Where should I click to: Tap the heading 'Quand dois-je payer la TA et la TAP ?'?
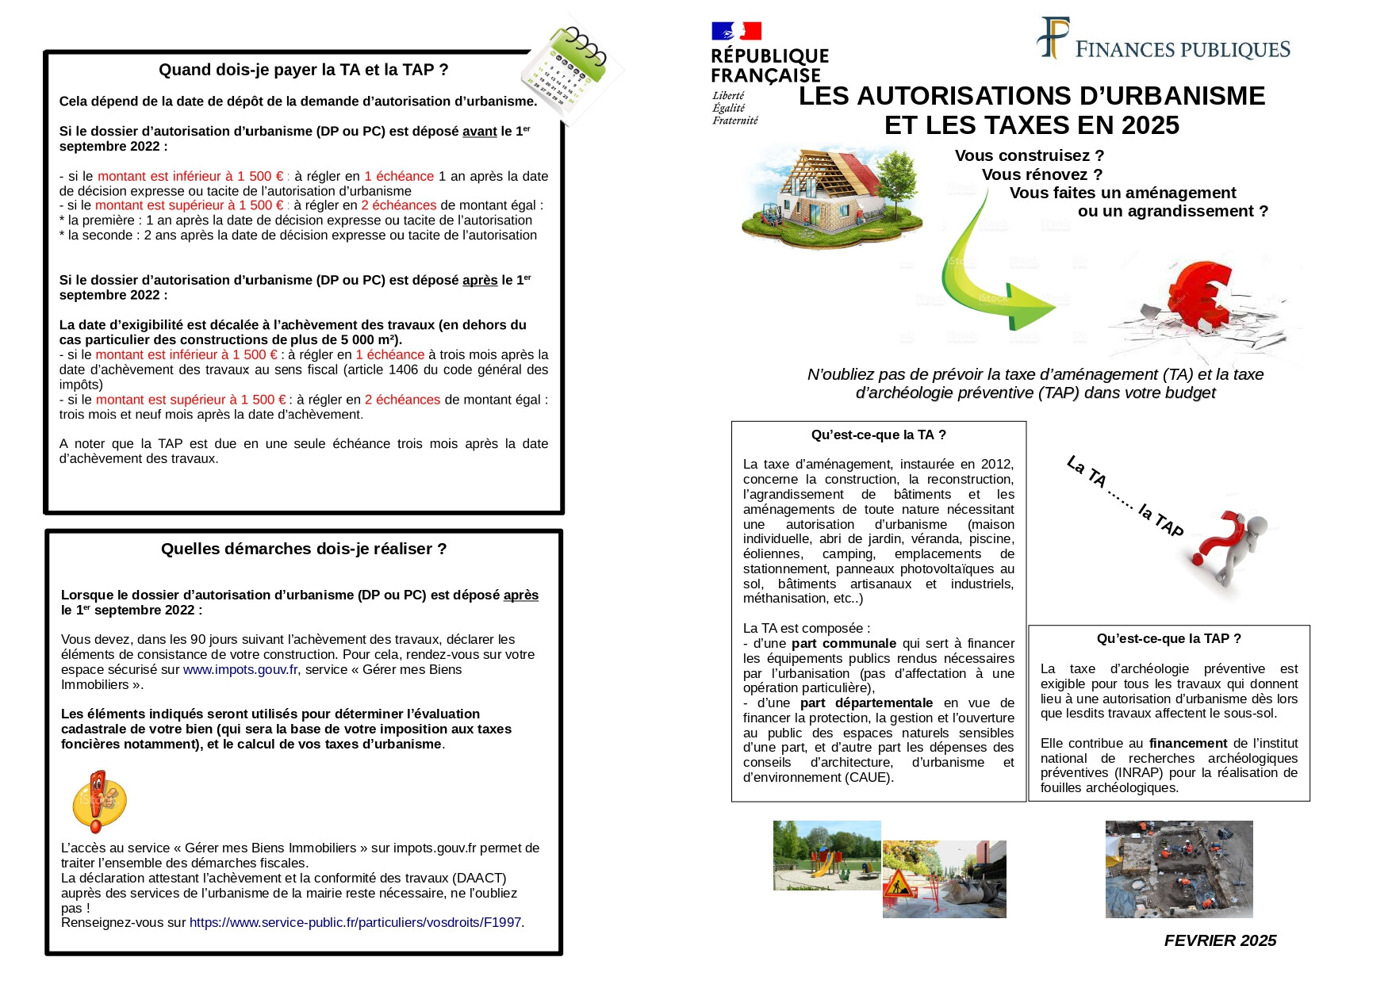click(303, 70)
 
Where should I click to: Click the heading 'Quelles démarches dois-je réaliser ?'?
click(303, 549)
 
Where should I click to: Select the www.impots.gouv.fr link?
click(240, 669)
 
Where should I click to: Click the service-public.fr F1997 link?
click(355, 922)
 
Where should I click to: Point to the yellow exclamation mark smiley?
click(98, 801)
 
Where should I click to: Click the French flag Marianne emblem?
click(736, 31)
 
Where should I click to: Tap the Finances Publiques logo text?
click(1182, 50)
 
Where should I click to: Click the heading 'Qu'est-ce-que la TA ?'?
click(878, 435)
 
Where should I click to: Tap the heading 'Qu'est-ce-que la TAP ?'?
click(1168, 638)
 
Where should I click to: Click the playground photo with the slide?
click(826, 855)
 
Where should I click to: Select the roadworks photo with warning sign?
click(944, 879)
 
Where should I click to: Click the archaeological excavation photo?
click(1179, 869)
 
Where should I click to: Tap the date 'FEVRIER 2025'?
click(1220, 940)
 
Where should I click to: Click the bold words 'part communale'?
click(843, 643)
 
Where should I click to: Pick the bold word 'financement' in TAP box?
click(1187, 743)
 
